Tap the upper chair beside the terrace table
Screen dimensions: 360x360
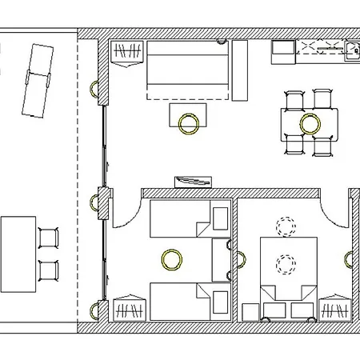49,238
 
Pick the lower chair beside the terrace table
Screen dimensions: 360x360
49,270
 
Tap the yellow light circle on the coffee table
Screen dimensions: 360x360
190,123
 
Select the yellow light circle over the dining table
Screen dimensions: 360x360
310,123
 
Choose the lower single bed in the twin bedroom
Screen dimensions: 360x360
189,302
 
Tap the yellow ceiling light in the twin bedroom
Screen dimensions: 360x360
170,258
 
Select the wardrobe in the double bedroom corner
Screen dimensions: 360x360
334,308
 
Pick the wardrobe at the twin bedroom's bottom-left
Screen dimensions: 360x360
129,308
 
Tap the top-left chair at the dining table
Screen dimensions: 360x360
294,99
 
